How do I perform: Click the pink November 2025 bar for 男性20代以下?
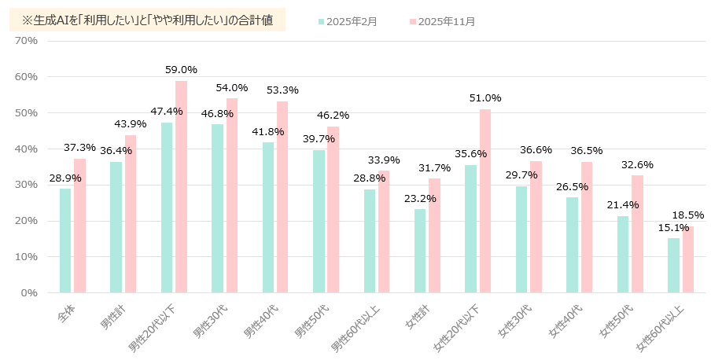click(x=182, y=186)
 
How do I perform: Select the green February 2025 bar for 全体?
click(x=65, y=241)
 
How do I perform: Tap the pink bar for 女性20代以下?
click(x=485, y=200)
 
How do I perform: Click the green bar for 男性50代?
click(x=319, y=221)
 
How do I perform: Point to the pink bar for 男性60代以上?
click(x=384, y=231)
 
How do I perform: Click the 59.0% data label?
click(x=181, y=70)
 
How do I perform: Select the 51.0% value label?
click(x=484, y=98)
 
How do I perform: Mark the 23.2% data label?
click(x=420, y=199)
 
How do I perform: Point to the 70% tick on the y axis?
click(x=27, y=40)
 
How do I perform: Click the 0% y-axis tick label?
click(x=30, y=292)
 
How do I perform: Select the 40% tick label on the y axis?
click(x=27, y=149)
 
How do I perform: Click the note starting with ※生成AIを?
click(x=147, y=20)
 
